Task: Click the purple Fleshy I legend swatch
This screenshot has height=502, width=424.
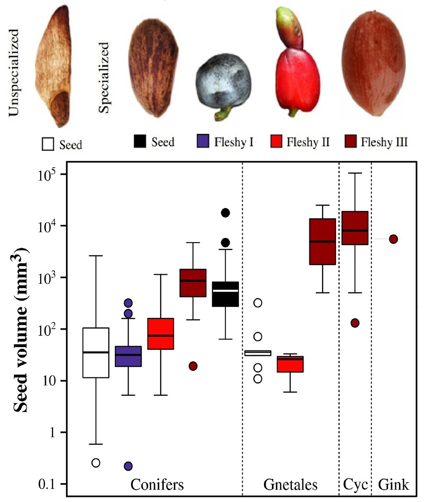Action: pos(202,142)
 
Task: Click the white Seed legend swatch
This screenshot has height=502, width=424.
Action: pos(48,144)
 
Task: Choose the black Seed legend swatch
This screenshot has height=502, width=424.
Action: pos(140,142)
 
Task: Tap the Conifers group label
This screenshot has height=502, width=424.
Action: pos(157,485)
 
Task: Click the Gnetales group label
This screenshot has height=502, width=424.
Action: pos(290,485)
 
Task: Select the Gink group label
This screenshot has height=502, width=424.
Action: pos(394,485)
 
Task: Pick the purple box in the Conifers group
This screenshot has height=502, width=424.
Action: pos(128,356)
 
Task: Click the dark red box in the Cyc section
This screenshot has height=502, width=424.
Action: pos(355,228)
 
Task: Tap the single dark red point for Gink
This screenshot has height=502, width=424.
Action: pos(393,239)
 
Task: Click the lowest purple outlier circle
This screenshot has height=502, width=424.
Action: pos(128,466)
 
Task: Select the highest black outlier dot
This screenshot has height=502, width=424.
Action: pos(225,213)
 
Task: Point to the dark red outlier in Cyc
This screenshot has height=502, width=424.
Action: pos(355,323)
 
